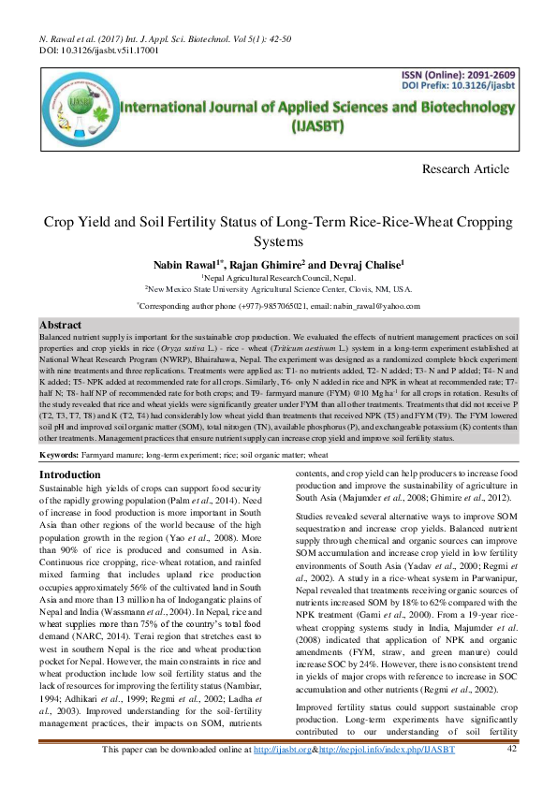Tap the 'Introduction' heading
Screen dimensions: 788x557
tap(70, 475)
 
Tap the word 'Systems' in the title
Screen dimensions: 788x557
tap(278, 241)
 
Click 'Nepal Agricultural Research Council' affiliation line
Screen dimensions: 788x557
tap(278, 278)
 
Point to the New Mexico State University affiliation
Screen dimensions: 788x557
tap(278, 290)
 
